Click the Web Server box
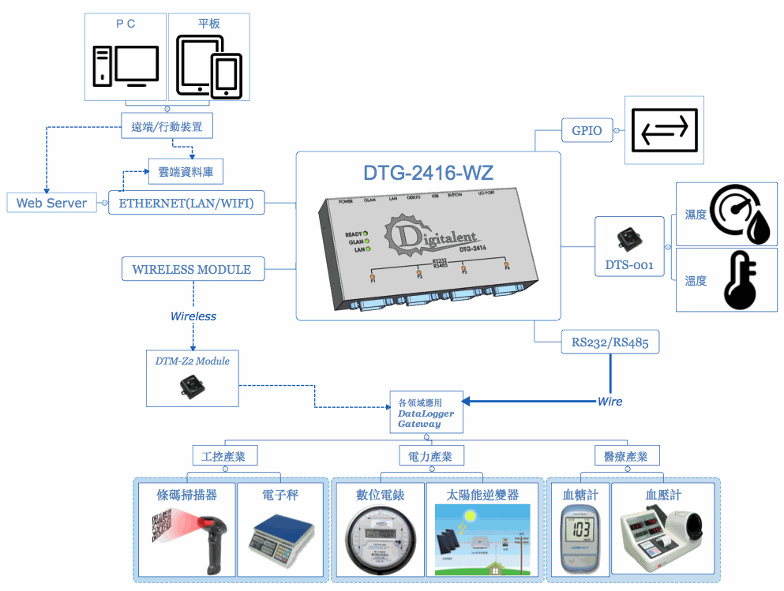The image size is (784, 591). [52, 203]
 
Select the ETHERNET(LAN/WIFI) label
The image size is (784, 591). [186, 203]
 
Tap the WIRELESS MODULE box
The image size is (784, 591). [192, 269]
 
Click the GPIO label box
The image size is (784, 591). [587, 131]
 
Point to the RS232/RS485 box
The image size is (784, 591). [610, 343]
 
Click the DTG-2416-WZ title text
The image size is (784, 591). [429, 172]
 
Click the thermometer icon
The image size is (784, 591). [739, 280]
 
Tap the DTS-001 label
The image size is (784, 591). [629, 265]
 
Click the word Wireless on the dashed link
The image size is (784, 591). [193, 316]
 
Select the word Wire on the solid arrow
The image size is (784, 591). [610, 402]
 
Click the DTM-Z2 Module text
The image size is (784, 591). [193, 361]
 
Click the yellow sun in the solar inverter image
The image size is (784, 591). [471, 516]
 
